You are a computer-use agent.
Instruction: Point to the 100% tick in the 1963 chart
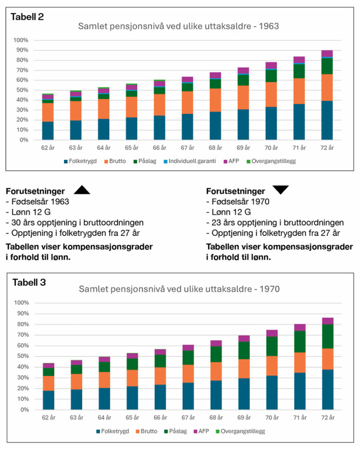[21, 40]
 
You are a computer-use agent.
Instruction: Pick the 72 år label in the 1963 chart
[327, 147]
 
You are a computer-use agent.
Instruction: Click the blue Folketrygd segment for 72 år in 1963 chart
[327, 121]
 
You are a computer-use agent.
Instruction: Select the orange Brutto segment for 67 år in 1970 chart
[188, 374]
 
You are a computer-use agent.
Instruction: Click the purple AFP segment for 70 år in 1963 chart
[271, 65]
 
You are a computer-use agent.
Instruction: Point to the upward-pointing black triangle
[82, 190]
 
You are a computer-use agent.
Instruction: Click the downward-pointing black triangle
[281, 189]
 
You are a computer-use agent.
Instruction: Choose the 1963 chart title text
[178, 26]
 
